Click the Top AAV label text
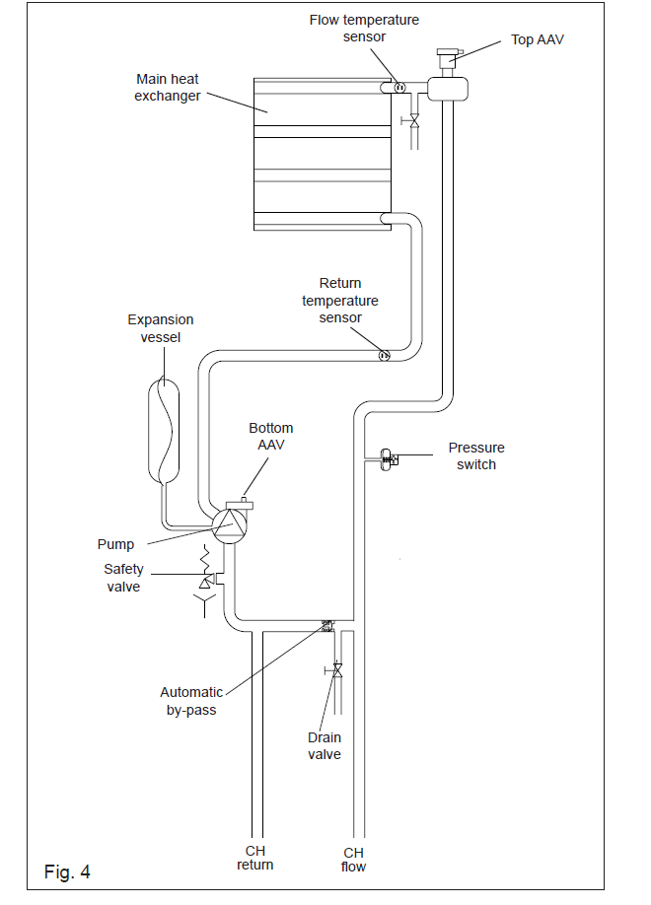point(538,39)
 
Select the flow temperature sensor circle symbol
point(399,87)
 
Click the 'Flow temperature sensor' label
point(364,29)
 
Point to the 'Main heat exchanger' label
point(168,87)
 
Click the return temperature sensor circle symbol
point(384,356)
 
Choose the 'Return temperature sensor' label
point(340,300)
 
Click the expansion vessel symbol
point(164,430)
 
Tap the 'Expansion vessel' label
point(161,328)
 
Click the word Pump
point(115,544)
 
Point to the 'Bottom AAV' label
point(271,437)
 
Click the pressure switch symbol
point(388,459)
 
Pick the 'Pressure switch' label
point(476,456)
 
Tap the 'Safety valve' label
point(123,578)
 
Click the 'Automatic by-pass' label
point(191,701)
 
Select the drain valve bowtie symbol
point(337,670)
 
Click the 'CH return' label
point(255,858)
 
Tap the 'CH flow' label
point(353,860)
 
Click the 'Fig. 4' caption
point(67,871)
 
